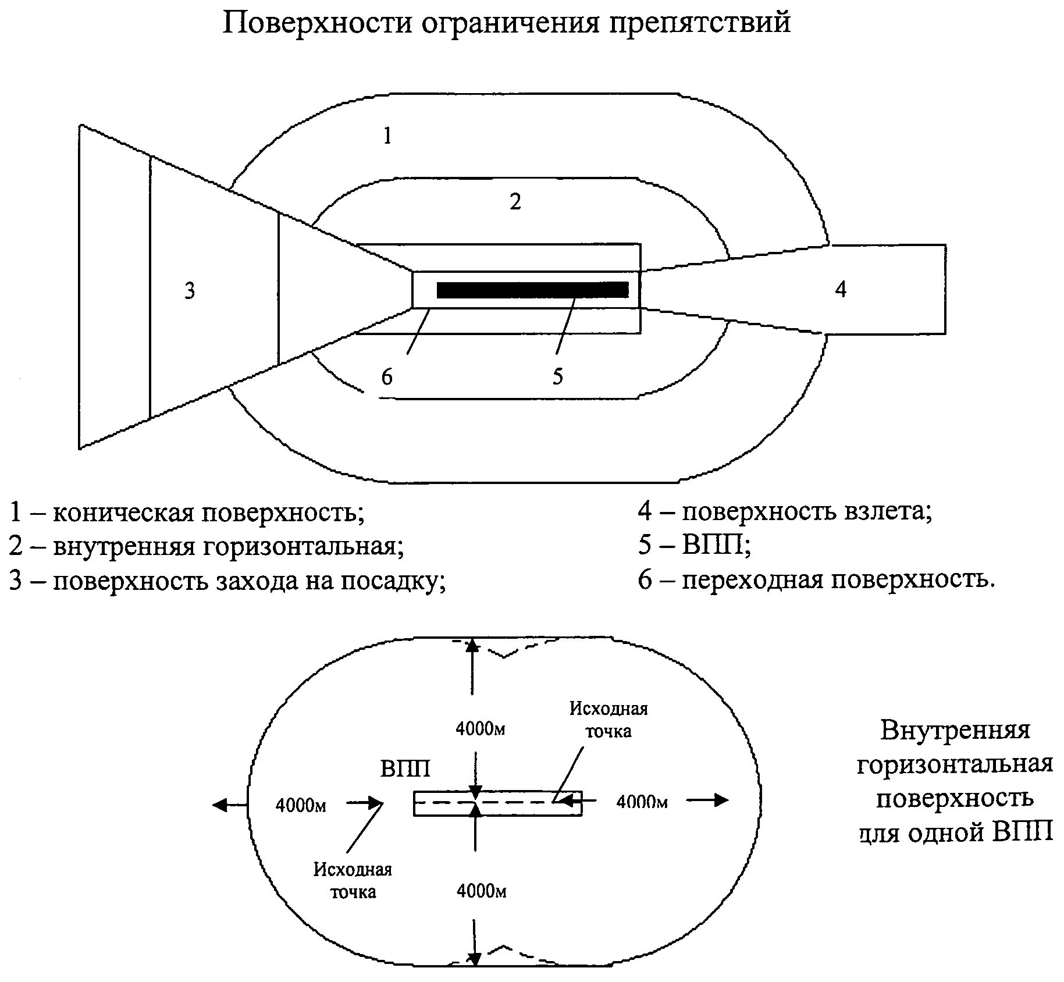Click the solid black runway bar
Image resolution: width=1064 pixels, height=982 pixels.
point(532,290)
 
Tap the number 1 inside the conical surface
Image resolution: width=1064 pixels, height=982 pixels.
point(387,136)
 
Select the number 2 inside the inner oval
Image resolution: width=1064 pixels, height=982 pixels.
point(515,201)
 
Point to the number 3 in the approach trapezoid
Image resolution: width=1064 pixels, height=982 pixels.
point(190,290)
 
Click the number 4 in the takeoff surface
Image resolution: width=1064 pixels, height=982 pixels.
point(840,289)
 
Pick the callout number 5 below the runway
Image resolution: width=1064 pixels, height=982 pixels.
point(558,376)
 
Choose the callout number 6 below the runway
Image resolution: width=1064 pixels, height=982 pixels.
point(387,377)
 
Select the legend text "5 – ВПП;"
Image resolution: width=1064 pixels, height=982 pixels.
point(694,545)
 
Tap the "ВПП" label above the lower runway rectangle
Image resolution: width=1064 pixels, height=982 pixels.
point(405,768)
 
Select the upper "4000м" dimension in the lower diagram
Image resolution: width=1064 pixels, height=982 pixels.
point(481,730)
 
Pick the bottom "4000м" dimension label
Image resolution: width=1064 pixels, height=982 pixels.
point(482,891)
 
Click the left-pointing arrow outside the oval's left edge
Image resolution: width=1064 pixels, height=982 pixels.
point(230,805)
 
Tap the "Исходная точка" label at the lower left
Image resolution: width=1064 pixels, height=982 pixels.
point(353,881)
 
